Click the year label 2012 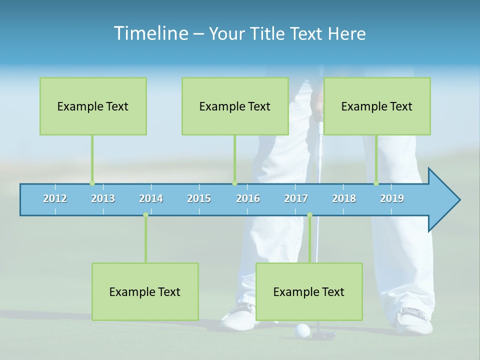tap(55, 198)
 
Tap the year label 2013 tap(103, 198)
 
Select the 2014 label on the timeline tap(151, 198)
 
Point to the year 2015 tap(199, 198)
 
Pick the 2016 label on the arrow tap(248, 198)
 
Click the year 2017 tap(296, 198)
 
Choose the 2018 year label tap(344, 198)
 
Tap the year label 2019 tap(392, 198)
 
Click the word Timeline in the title tap(150, 33)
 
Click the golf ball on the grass tap(303, 329)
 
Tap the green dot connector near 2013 tap(92, 183)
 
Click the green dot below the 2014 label tap(145, 215)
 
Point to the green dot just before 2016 tap(234, 183)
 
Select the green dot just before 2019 tap(376, 183)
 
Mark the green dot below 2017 tap(309, 215)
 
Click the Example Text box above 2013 tap(93, 106)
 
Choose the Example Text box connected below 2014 tap(145, 291)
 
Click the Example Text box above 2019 tap(377, 106)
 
